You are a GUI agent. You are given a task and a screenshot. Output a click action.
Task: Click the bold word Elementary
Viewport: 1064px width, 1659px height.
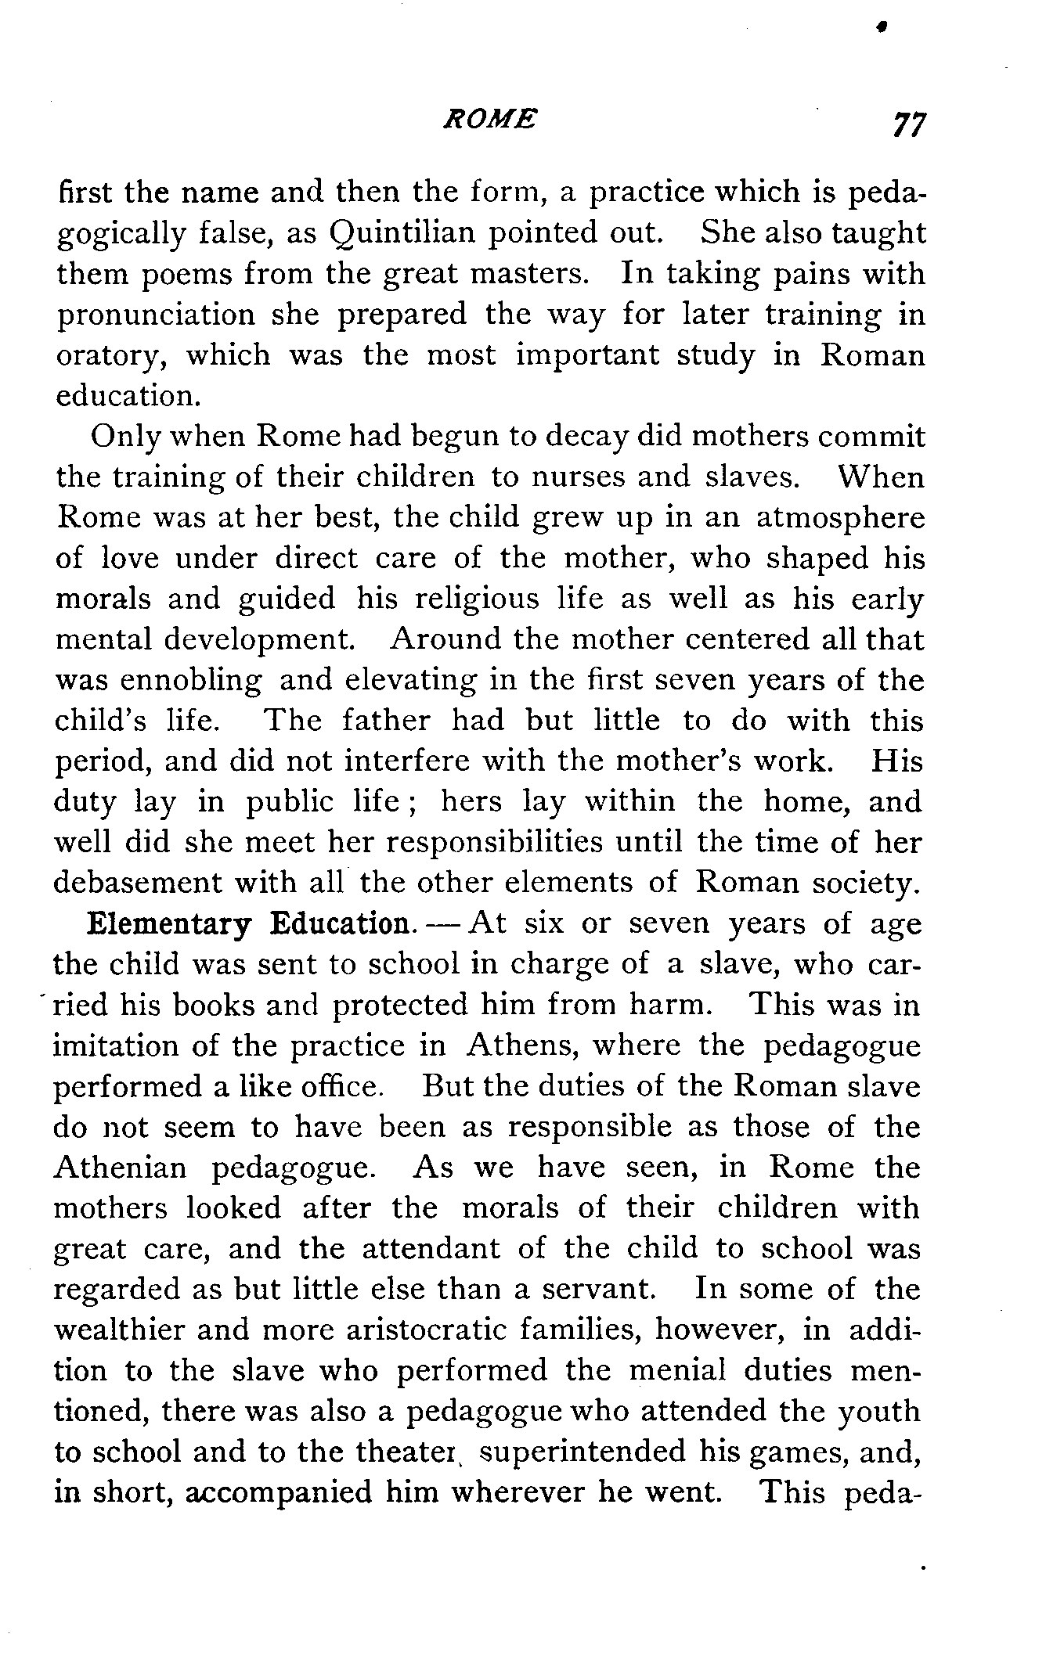pos(169,924)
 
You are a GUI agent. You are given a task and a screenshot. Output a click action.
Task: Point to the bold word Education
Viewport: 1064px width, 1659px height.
pos(339,924)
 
